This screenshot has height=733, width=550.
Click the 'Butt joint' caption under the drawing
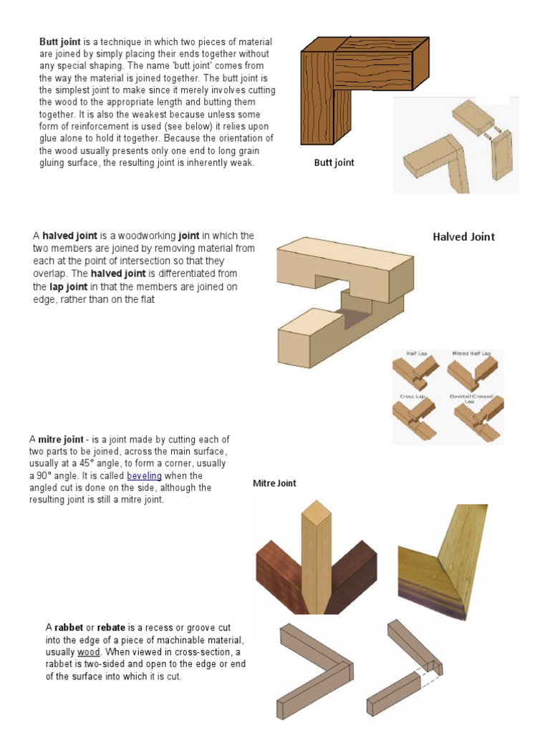coord(334,162)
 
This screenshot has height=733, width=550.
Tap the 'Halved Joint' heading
coord(463,237)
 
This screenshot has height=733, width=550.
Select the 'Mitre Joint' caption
coord(274,483)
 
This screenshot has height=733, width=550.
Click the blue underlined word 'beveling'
coord(144,476)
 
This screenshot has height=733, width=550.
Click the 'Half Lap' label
coord(416,354)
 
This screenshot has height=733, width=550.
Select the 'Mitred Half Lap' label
coord(471,354)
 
